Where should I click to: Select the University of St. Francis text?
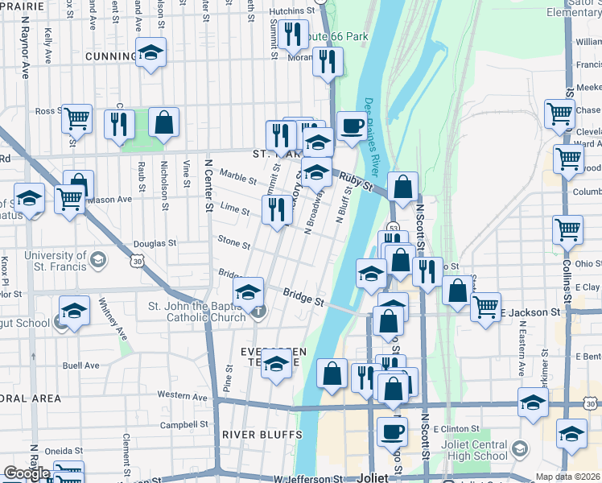[x=44, y=261]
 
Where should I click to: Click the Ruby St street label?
[x=354, y=182]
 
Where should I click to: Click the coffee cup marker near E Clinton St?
[x=392, y=431]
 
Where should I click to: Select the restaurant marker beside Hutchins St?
[x=293, y=33]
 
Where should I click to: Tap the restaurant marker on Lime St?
[x=277, y=209]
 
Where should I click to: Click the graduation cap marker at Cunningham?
[x=149, y=53]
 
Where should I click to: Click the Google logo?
[x=26, y=473]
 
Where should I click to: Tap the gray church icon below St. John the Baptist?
[x=258, y=311]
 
